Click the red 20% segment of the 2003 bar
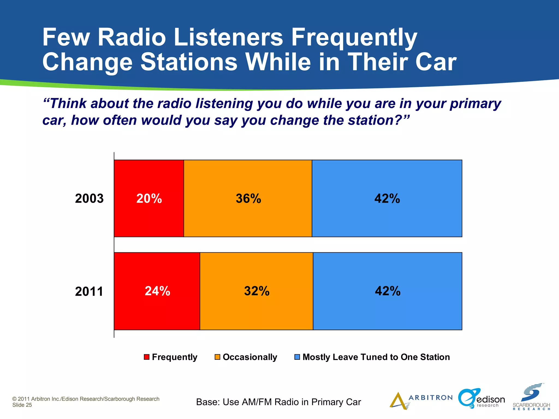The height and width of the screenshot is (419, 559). [x=149, y=198]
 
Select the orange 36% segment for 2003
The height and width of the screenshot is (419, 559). [x=248, y=198]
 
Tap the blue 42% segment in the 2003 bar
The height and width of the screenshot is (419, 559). [x=387, y=198]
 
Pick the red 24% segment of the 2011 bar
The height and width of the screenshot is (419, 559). [x=157, y=291]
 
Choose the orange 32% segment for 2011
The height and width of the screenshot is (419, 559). [x=256, y=291]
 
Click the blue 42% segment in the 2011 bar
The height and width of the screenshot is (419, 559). [x=387, y=291]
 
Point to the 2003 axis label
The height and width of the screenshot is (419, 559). [x=89, y=199]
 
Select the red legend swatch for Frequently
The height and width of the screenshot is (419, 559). [x=147, y=357]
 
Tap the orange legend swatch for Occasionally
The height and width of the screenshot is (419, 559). [x=217, y=357]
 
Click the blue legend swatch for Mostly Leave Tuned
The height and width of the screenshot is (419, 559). [x=297, y=357]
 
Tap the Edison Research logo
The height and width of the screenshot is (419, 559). [x=481, y=399]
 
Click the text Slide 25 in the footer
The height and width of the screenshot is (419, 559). [x=22, y=405]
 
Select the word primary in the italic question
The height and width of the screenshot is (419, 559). [x=475, y=104]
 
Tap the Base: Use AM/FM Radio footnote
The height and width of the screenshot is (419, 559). [x=278, y=402]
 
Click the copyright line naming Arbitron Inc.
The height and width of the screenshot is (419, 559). [x=86, y=399]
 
